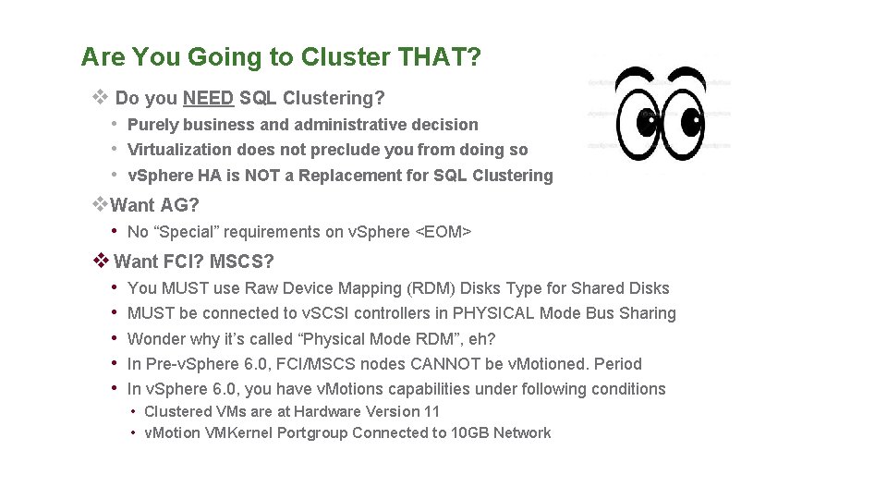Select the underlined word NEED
(208, 97)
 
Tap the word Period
(617, 364)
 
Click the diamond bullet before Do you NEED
(101, 97)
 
